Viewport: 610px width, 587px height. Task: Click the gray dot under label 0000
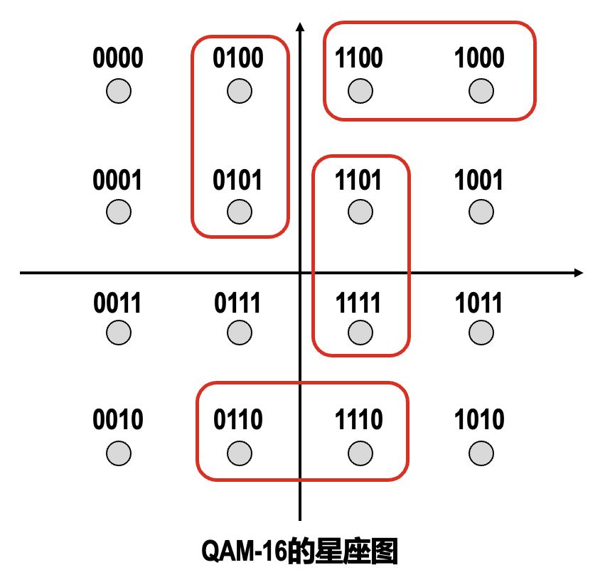coord(119,91)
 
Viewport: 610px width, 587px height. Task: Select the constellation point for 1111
coord(360,332)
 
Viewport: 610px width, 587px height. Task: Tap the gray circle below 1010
coord(481,453)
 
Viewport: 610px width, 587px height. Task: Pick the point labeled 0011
coord(119,332)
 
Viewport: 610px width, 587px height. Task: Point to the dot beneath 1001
coord(481,211)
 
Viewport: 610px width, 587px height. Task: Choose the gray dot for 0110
coord(239,453)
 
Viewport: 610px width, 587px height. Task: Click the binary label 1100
coord(360,58)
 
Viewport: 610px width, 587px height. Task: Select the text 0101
coord(238,181)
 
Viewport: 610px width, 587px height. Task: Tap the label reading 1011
coord(480,303)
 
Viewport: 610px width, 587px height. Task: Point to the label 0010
coord(118,420)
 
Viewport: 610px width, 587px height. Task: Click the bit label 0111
coord(238,303)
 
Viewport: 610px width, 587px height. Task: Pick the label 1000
coord(480,58)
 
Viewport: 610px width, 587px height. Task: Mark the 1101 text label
coord(359,181)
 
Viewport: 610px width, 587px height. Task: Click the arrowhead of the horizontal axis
coord(579,273)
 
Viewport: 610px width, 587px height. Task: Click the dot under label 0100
coord(240,91)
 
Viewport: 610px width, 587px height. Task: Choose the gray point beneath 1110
coord(360,453)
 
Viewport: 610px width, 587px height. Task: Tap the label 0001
coord(118,181)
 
